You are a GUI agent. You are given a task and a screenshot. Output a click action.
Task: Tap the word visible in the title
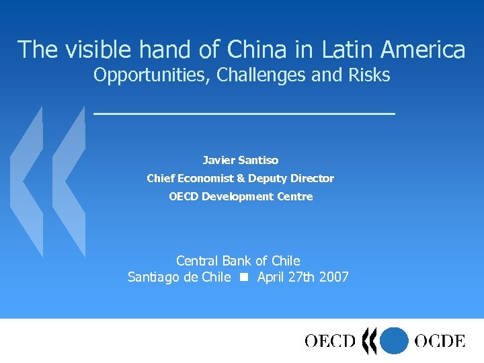[x=89, y=49]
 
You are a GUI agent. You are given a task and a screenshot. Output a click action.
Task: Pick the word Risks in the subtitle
[x=369, y=75]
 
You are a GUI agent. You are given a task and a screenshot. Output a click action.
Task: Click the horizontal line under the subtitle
[x=244, y=114]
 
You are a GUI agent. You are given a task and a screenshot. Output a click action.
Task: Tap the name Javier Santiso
[x=241, y=160]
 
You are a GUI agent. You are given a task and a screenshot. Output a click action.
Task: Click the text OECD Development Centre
[x=241, y=196]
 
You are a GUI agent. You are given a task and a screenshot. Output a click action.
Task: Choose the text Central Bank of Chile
[x=238, y=260]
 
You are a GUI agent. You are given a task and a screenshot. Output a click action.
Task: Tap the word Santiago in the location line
[x=154, y=277]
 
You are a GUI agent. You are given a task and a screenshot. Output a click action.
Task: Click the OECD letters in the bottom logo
[x=330, y=341]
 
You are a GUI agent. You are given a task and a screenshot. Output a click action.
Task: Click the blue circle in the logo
[x=394, y=341]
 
